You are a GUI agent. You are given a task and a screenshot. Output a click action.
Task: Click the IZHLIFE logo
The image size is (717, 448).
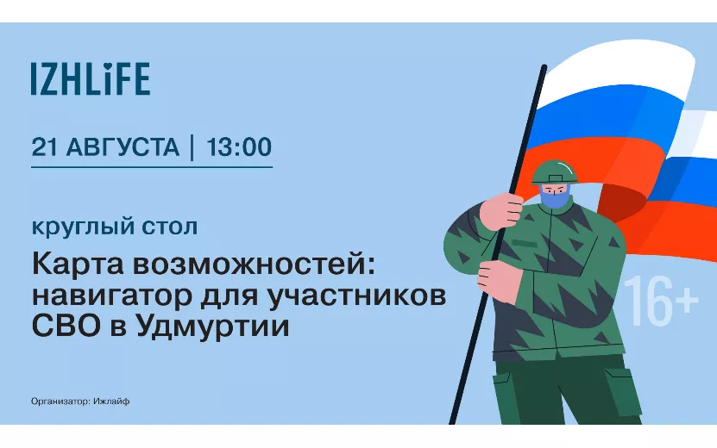pos(91,78)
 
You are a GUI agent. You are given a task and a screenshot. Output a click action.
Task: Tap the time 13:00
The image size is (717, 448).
pos(239,146)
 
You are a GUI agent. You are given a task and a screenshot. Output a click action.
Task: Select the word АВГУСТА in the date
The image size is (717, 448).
pos(123,147)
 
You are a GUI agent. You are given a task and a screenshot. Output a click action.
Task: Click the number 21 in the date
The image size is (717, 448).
pos(45,146)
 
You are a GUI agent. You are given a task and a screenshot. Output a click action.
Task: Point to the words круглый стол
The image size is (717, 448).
pos(114,227)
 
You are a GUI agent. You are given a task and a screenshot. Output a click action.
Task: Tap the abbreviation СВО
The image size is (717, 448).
pos(66,326)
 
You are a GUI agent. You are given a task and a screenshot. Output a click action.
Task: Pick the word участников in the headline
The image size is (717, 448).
pos(356,296)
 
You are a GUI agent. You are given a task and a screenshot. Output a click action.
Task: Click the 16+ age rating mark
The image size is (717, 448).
pos(661,301)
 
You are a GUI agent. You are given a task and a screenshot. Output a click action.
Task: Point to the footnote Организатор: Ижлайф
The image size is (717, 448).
pos(80,401)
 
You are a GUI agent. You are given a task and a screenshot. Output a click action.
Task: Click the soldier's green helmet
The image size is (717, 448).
pos(554,171)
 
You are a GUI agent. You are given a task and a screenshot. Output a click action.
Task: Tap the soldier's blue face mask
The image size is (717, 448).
pos(554,196)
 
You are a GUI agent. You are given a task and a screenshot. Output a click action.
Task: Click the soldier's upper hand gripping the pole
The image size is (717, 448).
pos(500,211)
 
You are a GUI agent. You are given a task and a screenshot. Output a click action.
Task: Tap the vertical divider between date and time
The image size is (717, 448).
pos(192,147)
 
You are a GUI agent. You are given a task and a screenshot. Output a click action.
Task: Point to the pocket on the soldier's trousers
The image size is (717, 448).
pos(625,392)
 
